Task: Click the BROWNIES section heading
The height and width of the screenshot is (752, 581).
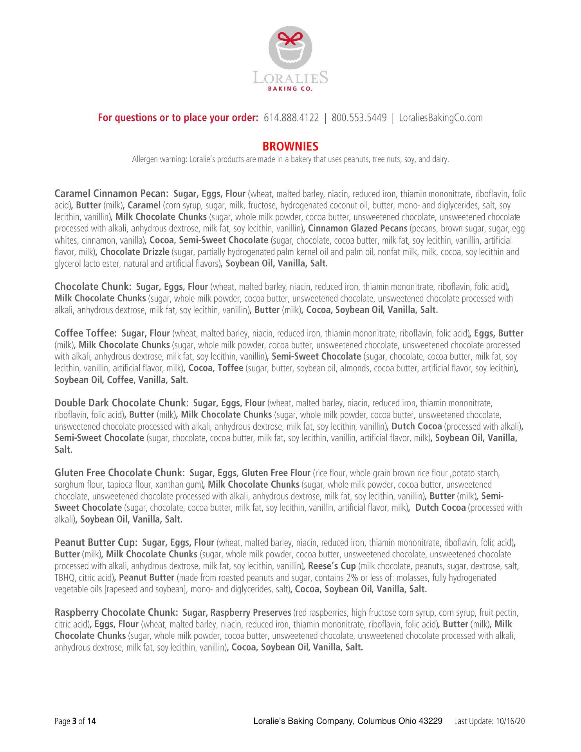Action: click(290, 146)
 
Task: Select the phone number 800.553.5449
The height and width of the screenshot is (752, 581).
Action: click(359, 117)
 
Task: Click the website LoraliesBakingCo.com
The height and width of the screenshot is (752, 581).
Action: click(440, 117)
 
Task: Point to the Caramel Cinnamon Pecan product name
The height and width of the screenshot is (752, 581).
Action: click(111, 194)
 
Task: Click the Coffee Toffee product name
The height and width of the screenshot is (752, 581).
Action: click(85, 333)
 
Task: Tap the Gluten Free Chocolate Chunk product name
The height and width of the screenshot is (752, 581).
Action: click(119, 473)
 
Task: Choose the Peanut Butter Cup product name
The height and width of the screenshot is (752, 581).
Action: click(96, 542)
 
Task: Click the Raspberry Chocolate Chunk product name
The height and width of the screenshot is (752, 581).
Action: click(116, 612)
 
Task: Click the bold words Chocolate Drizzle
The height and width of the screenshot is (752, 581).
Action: click(135, 252)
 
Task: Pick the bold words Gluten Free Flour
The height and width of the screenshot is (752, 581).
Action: click(276, 473)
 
